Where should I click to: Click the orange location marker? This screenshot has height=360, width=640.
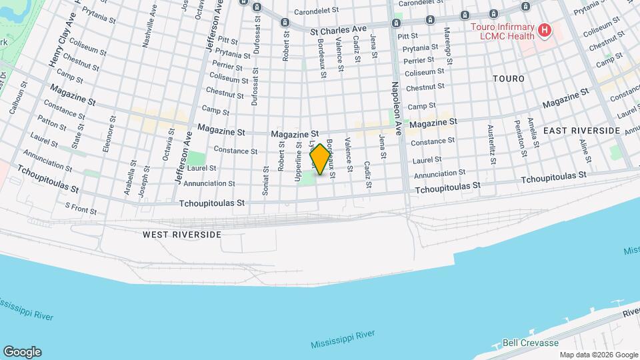(x=321, y=159)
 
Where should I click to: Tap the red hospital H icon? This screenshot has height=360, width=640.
(x=545, y=30)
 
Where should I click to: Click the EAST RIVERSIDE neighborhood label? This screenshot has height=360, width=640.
(x=581, y=131)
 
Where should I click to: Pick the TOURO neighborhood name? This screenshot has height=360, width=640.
(x=509, y=79)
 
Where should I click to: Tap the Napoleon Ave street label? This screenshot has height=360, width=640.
(x=397, y=108)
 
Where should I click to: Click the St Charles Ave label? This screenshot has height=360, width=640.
(x=339, y=31)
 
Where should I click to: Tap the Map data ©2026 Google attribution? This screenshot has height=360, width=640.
(x=598, y=355)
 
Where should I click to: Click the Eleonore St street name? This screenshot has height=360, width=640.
(x=108, y=138)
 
